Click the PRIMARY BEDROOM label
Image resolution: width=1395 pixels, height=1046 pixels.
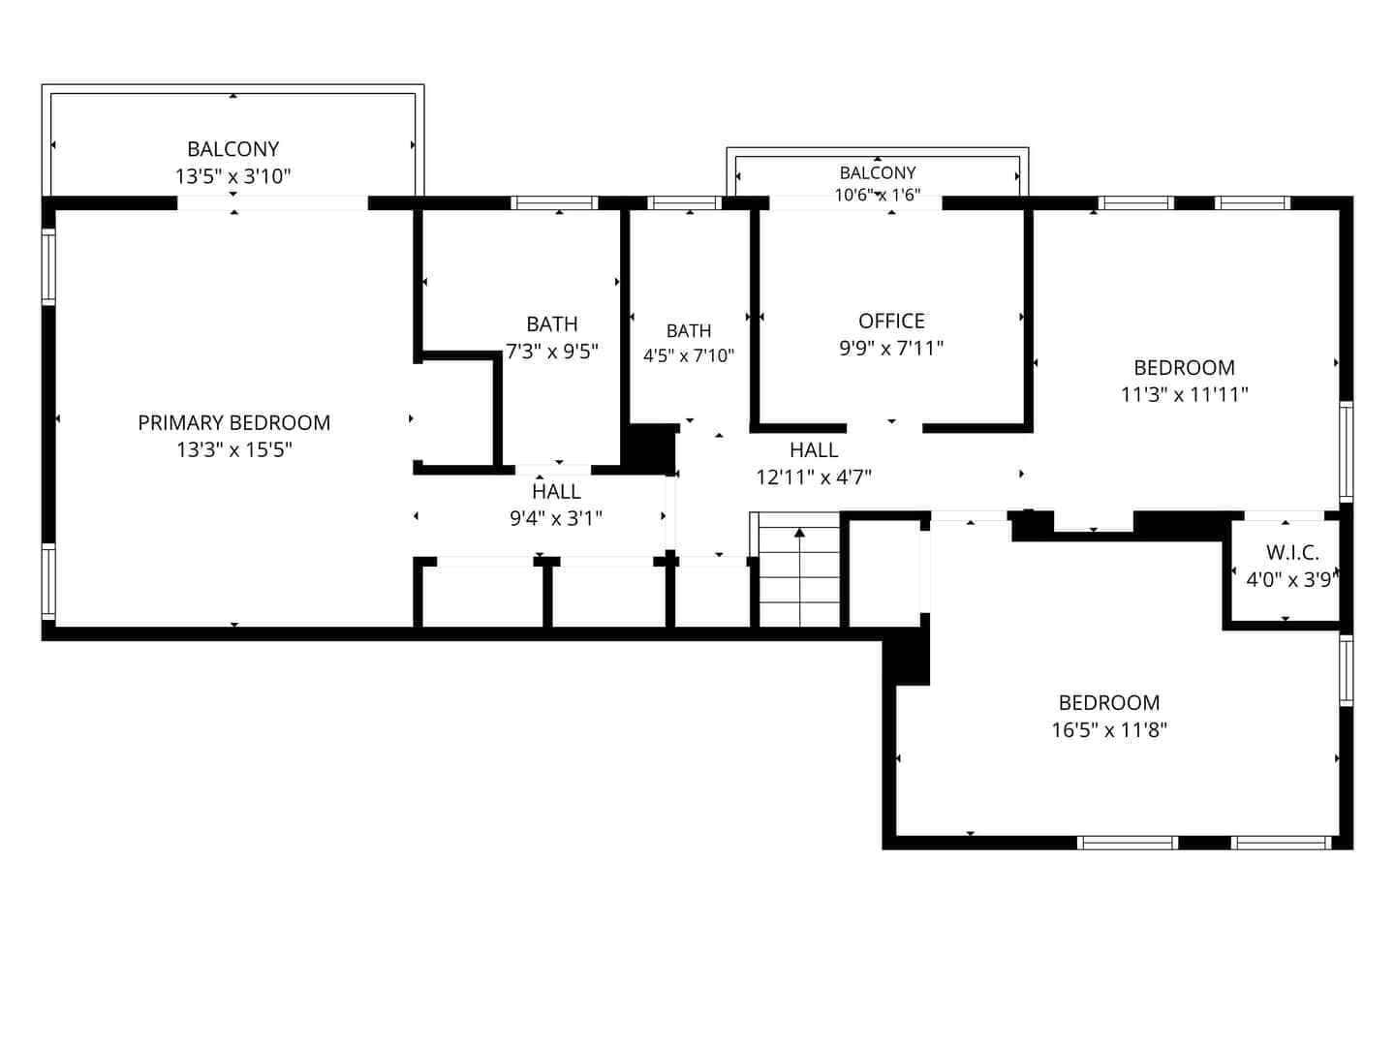[233, 422]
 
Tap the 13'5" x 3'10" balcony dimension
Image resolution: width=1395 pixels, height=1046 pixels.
[233, 176]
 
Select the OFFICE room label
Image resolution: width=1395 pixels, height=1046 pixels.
[891, 321]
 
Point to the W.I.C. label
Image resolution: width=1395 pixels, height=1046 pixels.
[1292, 552]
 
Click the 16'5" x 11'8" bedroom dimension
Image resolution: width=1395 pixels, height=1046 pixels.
[1109, 729]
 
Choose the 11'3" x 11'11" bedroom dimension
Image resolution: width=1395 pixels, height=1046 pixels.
[1184, 394]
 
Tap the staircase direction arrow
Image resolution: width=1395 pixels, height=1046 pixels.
[799, 576]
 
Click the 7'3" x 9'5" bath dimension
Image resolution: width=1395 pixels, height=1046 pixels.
[551, 352]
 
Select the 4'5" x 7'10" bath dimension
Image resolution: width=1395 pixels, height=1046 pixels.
[688, 355]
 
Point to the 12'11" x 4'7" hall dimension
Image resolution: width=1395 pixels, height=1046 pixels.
[814, 477]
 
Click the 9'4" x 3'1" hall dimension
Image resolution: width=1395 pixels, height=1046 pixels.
[555, 518]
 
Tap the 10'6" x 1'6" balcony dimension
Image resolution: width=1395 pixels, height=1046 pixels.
[877, 195]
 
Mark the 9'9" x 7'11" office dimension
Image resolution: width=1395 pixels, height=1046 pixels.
[891, 348]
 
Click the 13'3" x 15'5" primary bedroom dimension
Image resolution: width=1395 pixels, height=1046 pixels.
[233, 449]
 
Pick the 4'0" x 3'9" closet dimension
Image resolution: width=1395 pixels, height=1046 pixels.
[1292, 580]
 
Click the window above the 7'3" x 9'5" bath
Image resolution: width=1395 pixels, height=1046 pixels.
[554, 203]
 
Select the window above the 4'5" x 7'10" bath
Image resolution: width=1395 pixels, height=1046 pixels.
[685, 203]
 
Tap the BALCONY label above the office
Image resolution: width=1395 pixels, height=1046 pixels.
[877, 172]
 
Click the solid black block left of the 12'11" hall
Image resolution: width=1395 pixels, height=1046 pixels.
[649, 449]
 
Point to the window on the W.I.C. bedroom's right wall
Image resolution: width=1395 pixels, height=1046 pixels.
[1346, 670]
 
